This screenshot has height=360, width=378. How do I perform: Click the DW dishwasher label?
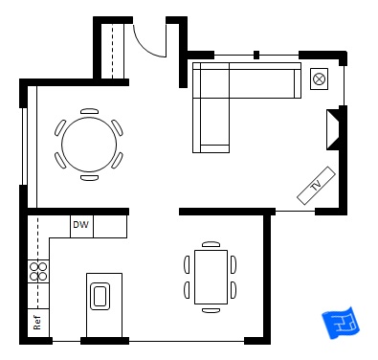pos(81,226)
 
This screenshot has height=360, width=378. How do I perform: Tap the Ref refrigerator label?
pos(37,323)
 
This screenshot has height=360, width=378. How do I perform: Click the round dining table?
pos(89,144)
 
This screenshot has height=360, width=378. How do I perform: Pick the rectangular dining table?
pos(210,277)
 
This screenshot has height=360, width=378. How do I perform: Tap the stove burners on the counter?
pos(38,271)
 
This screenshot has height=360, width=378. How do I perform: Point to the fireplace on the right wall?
pos(334,130)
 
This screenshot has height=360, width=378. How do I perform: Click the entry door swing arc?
pos(151,38)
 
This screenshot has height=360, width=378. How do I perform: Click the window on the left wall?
pos(23,144)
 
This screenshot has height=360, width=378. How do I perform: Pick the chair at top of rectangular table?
pos(211,243)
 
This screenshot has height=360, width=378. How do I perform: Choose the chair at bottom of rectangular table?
pos(211,310)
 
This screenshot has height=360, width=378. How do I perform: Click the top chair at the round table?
pos(89,111)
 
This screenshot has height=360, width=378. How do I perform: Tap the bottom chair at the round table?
pos(89,177)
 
